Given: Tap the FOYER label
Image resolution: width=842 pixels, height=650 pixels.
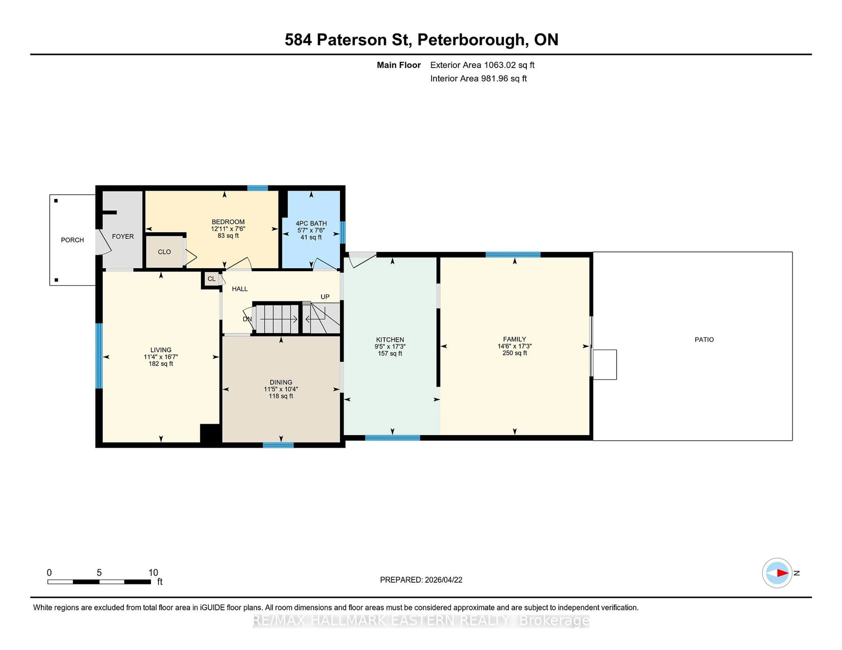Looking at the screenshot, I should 123,237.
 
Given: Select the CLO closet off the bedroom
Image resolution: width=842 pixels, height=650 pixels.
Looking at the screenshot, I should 164,252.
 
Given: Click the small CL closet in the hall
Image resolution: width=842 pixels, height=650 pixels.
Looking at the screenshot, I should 211,279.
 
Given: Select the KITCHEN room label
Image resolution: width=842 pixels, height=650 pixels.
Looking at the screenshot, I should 390,340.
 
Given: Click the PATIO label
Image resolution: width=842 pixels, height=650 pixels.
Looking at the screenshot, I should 704,340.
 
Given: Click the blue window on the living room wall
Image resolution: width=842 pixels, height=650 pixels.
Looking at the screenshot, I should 99,355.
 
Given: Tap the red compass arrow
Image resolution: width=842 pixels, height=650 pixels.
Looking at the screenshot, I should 782,573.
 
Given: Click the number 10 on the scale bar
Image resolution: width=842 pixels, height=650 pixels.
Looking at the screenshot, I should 153,573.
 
